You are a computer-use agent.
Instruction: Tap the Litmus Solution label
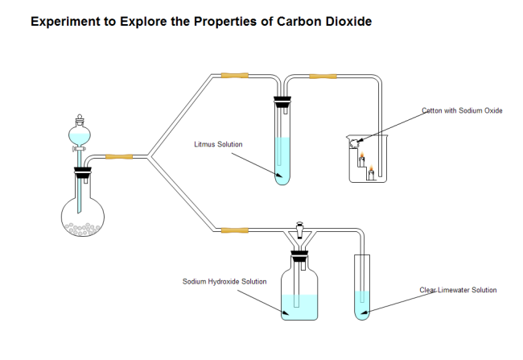click(x=218, y=145)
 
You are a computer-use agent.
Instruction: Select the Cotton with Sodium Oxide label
click(x=462, y=110)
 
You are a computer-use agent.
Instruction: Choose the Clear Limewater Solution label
click(x=458, y=290)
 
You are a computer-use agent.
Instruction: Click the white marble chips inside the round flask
click(x=84, y=229)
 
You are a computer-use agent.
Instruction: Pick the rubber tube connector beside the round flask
click(x=119, y=155)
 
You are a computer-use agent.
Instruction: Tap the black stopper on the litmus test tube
click(x=282, y=102)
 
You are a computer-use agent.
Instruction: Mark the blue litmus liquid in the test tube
click(x=282, y=161)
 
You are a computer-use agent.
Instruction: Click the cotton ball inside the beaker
click(x=354, y=143)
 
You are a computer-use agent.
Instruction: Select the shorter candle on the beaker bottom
click(x=371, y=174)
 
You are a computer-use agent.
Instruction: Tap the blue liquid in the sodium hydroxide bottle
click(x=299, y=304)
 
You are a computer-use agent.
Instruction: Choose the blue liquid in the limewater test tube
click(x=364, y=304)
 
